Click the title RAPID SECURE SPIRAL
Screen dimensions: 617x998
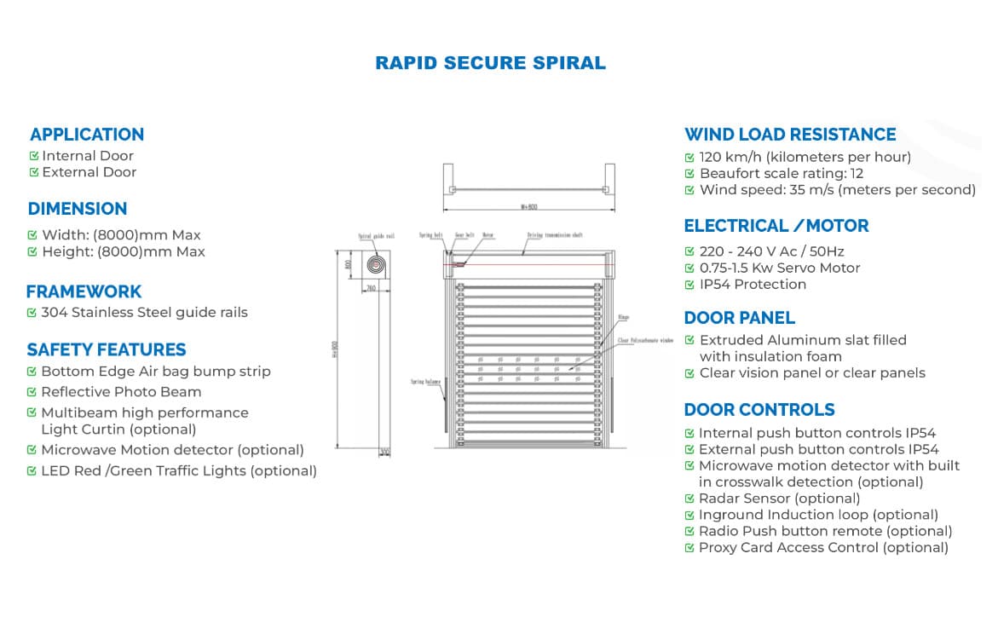(490, 63)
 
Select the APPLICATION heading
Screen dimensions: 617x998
(87, 135)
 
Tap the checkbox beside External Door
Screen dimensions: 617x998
(34, 172)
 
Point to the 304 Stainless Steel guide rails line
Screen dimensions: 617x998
(144, 313)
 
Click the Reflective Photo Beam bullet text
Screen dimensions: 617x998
(121, 392)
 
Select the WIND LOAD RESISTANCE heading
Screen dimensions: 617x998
(790, 135)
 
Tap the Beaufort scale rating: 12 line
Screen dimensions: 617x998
(782, 174)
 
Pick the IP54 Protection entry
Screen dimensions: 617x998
(753, 285)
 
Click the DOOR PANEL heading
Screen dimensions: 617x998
(739, 318)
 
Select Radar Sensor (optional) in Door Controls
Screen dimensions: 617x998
(779, 499)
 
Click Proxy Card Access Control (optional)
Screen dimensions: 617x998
(823, 548)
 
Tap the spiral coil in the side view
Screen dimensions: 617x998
(375, 265)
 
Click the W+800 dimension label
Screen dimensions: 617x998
(528, 207)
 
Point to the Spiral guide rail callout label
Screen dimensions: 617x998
(376, 237)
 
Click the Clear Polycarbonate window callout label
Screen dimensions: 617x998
(645, 339)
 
